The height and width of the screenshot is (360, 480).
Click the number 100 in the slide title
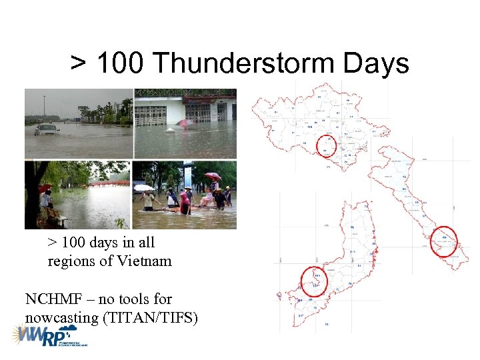pyautogui.click(x=122, y=64)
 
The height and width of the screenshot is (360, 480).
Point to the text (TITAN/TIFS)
pyautogui.click(x=151, y=317)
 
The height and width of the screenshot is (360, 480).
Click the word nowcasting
pyautogui.click(x=61, y=317)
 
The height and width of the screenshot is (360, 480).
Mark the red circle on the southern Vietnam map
pyautogui.click(x=314, y=280)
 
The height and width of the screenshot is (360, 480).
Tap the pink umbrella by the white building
pyautogui.click(x=185, y=123)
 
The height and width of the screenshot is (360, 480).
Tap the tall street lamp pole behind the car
pyautogui.click(x=45, y=107)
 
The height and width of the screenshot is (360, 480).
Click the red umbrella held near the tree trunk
pyautogui.click(x=44, y=188)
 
